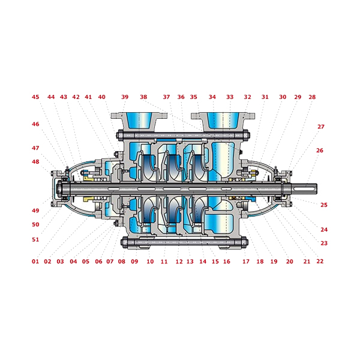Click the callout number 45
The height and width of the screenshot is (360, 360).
click(x=35, y=97)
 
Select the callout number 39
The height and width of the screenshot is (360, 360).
click(x=125, y=97)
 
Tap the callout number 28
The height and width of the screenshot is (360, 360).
click(x=312, y=97)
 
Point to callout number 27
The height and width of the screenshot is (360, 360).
click(x=321, y=127)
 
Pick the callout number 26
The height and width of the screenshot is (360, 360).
click(x=320, y=151)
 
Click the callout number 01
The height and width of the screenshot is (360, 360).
click(x=35, y=262)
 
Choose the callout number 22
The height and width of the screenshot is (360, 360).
click(x=320, y=262)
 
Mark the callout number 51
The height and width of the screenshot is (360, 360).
click(x=35, y=239)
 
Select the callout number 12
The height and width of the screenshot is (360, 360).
click(x=179, y=262)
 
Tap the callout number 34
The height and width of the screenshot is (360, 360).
click(x=212, y=97)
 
